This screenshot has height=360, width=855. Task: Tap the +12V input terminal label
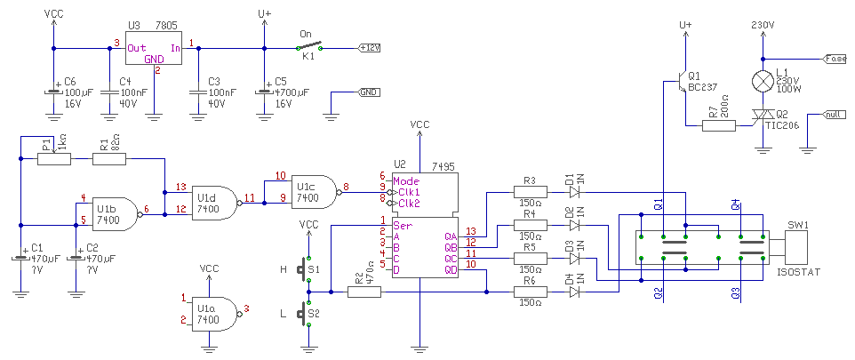(x=369, y=47)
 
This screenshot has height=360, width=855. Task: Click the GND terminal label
(x=369, y=92)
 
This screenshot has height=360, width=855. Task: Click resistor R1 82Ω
(x=109, y=159)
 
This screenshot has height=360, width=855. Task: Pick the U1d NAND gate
(x=211, y=204)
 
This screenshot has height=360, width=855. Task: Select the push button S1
(x=308, y=268)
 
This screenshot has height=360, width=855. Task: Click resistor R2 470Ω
(x=364, y=291)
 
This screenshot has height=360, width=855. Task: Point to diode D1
(x=574, y=191)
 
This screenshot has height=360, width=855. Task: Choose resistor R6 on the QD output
(x=530, y=291)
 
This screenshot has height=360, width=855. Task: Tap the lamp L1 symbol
(x=763, y=81)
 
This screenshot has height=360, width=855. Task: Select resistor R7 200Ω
(x=718, y=125)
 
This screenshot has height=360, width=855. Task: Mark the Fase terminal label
(x=835, y=59)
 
